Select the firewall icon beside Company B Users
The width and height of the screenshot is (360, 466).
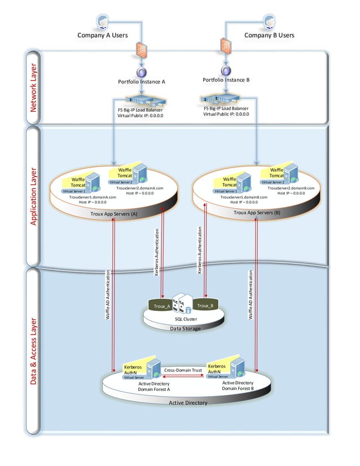[x=226, y=45]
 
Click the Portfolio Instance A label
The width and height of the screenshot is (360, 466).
[x=141, y=81]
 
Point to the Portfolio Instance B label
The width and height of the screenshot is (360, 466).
[x=226, y=80]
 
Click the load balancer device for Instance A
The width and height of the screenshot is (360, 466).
[x=141, y=101]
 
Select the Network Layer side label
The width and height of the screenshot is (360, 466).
[x=33, y=87]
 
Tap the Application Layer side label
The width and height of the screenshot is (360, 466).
[x=33, y=196]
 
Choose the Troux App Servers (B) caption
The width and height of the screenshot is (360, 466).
[x=257, y=213]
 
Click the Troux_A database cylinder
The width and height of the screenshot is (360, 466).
[x=162, y=306]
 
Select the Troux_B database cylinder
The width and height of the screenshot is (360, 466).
[x=204, y=305]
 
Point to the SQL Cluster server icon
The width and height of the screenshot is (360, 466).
[x=182, y=303]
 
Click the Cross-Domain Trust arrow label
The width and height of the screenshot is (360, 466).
[x=183, y=370]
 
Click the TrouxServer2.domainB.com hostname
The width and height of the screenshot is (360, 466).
[x=286, y=188]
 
